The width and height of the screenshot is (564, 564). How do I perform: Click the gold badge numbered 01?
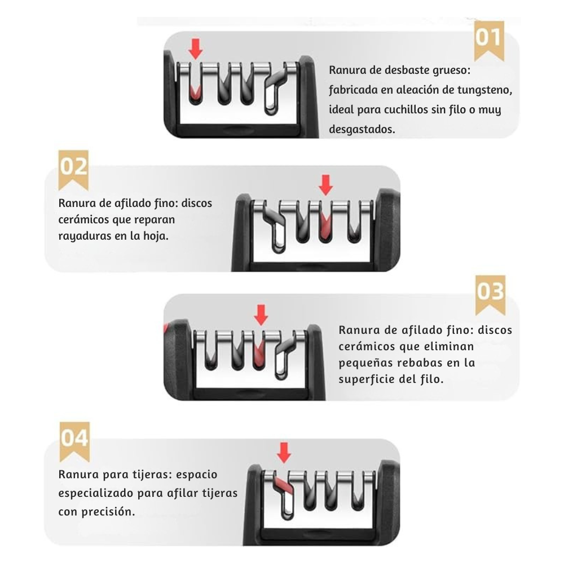click(489, 40)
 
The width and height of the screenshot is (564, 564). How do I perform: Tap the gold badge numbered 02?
click(73, 170)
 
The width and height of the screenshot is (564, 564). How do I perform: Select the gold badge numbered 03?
click(490, 295)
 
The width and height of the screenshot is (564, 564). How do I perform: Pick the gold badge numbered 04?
click(74, 442)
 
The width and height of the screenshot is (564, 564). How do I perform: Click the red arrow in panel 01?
click(196, 49)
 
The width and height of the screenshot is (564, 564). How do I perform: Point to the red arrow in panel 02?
click(326, 185)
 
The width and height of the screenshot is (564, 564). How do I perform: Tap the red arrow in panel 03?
click(261, 315)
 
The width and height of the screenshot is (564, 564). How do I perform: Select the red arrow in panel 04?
click(284, 452)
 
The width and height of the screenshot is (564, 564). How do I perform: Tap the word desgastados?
click(362, 130)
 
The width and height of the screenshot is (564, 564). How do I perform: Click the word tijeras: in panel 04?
click(148, 474)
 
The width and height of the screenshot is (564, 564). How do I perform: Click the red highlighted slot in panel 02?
click(324, 227)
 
